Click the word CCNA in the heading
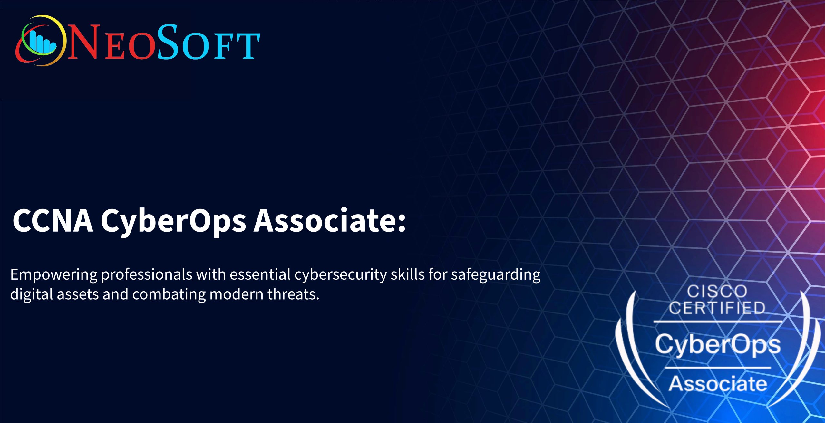[x=53, y=221]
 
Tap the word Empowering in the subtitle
[x=54, y=275]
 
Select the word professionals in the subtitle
[x=147, y=275]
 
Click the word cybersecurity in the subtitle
[x=340, y=275]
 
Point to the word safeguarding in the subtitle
[x=496, y=275]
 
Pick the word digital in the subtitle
[x=32, y=294]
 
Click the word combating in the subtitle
[x=169, y=294]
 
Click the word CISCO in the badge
[x=717, y=292]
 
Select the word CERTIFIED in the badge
[x=717, y=308]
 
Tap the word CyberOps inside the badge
[x=718, y=345]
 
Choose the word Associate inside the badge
[x=718, y=383]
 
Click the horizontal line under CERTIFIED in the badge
[x=718, y=322]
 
